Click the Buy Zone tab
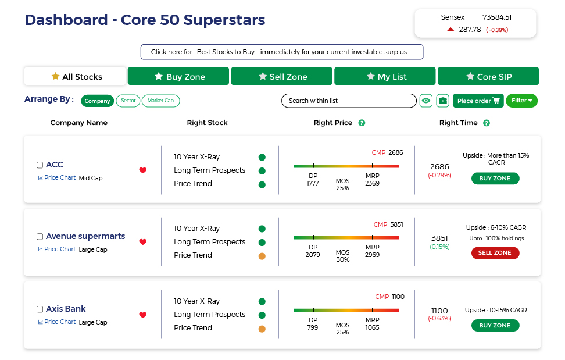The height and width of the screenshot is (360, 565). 178,76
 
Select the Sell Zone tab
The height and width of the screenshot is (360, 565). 282,76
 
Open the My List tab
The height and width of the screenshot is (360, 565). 385,76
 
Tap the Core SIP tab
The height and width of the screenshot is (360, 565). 488,76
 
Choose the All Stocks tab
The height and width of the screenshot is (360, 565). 76,76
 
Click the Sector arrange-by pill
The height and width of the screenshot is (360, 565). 128,101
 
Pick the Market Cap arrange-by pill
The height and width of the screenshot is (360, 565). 160,101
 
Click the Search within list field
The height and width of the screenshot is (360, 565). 349,101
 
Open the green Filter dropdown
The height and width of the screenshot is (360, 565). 521,101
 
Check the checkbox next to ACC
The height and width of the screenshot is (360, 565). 40,165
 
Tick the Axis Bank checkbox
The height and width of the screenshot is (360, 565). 40,309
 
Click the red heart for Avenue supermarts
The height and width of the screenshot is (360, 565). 143,242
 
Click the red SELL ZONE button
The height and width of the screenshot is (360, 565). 495,253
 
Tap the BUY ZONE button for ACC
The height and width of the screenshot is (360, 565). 495,179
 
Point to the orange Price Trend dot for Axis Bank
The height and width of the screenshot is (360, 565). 262,329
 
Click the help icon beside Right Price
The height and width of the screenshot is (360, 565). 362,123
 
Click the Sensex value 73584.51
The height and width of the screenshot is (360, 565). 496,17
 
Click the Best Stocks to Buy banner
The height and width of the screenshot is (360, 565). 282,52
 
